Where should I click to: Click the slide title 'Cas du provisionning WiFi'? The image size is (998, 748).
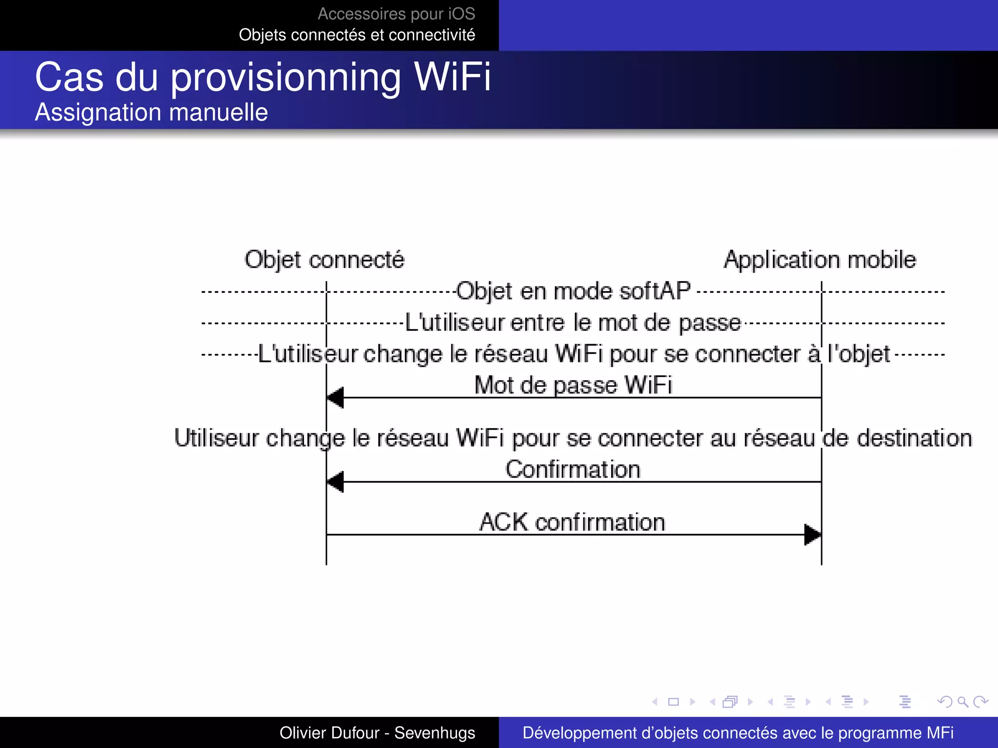point(263,77)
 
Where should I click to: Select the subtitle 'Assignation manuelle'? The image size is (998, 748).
point(152,112)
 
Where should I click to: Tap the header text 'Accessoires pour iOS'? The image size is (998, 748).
point(396,14)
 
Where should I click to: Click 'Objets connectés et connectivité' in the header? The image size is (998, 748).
point(357,35)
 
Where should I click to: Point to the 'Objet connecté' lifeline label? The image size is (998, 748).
point(324,260)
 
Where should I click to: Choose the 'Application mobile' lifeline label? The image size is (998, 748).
point(820,260)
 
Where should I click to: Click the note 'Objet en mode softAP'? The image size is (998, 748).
point(573,291)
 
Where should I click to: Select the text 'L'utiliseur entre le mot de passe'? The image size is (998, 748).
point(573,323)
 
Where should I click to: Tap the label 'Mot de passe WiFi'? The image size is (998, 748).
point(573,385)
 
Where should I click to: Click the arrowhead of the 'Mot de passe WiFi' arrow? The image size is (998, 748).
point(336,398)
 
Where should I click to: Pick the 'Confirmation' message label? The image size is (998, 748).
point(573,469)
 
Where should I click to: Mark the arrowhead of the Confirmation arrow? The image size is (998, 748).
point(336,482)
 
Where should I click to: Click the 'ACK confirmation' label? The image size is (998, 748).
point(572,522)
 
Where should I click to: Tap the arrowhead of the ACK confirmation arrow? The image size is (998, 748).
point(812,535)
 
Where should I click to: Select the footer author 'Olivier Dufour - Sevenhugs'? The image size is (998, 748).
point(377,733)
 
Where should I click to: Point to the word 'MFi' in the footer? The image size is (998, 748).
point(940,733)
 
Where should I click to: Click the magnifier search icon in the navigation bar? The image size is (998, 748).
point(962,702)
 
